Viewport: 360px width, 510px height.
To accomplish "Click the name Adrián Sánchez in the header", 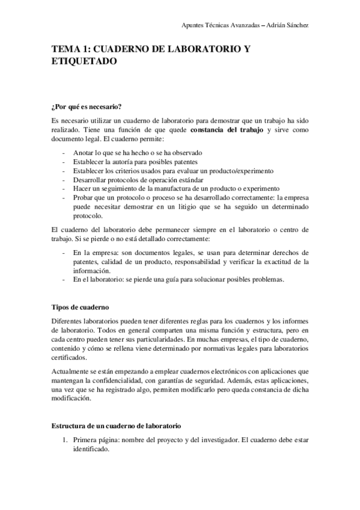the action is [x=288, y=25].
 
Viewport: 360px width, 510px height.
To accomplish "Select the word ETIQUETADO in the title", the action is [x=80, y=61].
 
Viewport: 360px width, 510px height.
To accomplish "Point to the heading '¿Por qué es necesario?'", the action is [x=87, y=107].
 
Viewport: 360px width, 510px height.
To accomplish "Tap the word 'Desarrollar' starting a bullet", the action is [x=88, y=179].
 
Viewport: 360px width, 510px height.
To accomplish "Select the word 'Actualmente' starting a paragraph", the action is [x=72, y=372].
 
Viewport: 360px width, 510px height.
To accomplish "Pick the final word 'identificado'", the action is [x=90, y=449].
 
